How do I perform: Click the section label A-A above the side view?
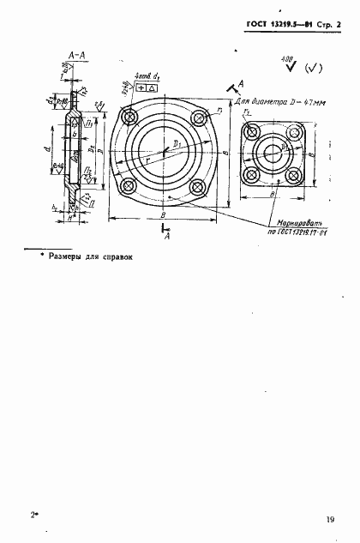click(73, 55)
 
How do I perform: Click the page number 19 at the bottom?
click(329, 518)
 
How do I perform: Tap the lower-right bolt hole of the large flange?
click(197, 187)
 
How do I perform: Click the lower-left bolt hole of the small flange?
click(251, 177)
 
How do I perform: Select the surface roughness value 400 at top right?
click(284, 58)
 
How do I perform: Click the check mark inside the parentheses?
click(312, 69)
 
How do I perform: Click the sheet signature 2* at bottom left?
click(35, 517)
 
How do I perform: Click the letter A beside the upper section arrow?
click(242, 82)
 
